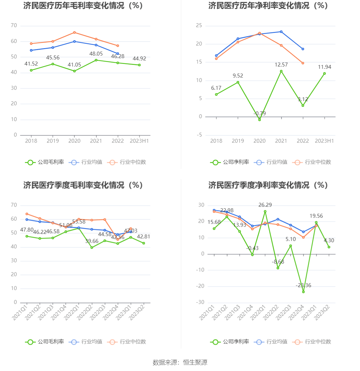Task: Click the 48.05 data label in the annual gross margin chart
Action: (x=96, y=54)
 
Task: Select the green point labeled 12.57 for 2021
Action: (x=281, y=71)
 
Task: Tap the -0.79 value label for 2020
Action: (x=259, y=114)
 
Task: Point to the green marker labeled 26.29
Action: (x=265, y=211)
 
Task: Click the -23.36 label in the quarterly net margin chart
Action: (x=303, y=285)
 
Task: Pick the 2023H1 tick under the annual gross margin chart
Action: (x=139, y=141)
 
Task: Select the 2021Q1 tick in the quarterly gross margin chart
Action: (x=20, y=312)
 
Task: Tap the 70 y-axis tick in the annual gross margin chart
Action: (x=14, y=26)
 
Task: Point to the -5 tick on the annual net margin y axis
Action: (x=199, y=135)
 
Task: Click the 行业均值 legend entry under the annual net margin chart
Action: (x=271, y=162)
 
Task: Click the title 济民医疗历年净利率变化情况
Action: (x=268, y=6)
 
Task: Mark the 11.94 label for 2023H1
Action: (x=324, y=67)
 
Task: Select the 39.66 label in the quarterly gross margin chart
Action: (x=92, y=241)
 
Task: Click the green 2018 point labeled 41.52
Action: (x=31, y=70)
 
